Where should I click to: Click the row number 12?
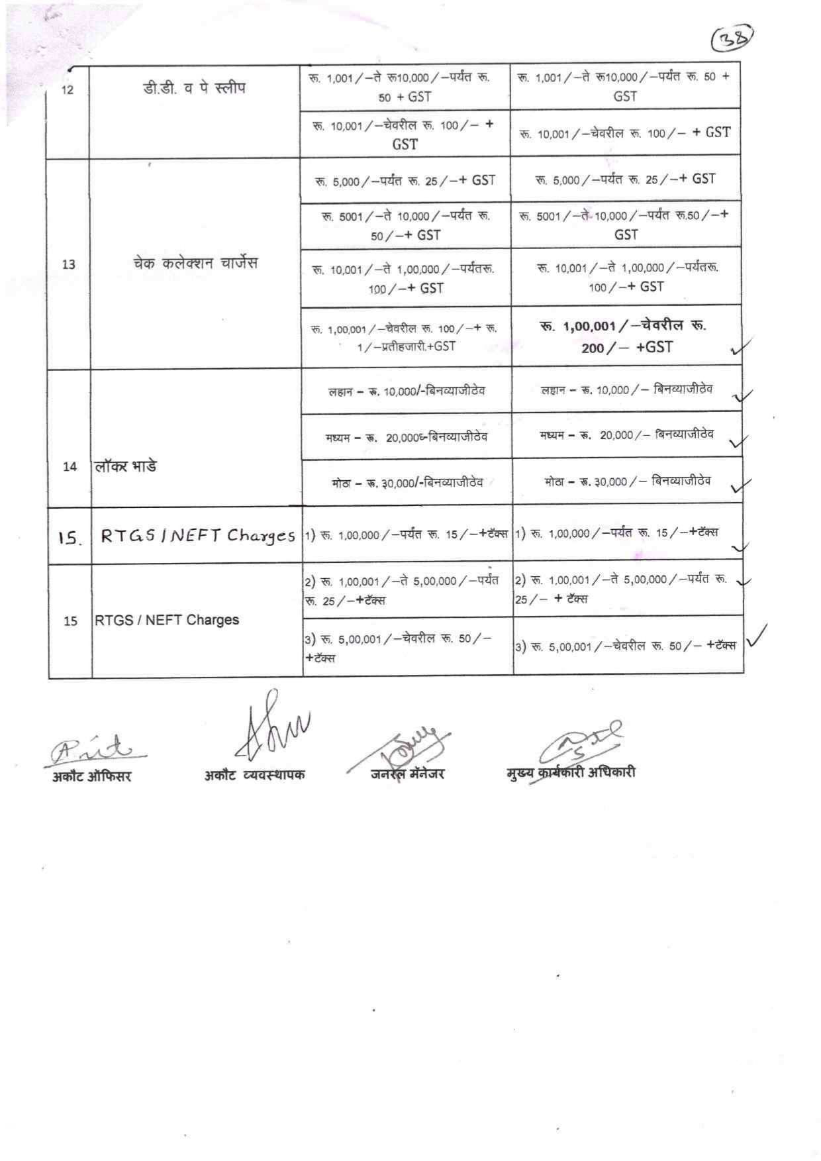(68, 90)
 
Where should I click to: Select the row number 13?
(68, 264)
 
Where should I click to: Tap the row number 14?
(70, 466)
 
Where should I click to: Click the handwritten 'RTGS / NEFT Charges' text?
(197, 536)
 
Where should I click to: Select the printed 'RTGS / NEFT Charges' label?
(167, 621)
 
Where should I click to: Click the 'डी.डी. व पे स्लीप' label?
(195, 88)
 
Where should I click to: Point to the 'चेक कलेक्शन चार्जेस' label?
(195, 263)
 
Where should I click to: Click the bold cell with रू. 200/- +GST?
(626, 336)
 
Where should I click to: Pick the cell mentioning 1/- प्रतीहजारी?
(405, 337)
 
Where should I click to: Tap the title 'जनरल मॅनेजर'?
(408, 773)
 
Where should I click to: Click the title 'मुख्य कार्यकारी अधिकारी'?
(570, 772)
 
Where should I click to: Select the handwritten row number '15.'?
(69, 538)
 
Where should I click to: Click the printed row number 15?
(70, 621)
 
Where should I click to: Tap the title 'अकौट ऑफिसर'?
(92, 776)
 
